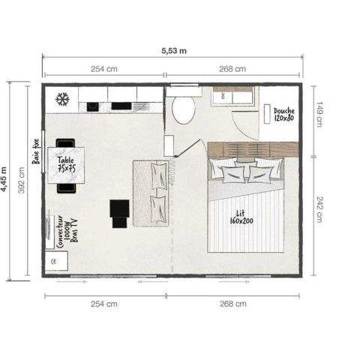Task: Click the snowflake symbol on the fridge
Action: (62, 99)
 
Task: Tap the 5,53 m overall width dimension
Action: (174, 51)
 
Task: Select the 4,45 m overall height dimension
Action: (4, 179)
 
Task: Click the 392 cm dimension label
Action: (22, 180)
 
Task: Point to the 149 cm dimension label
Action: (319, 114)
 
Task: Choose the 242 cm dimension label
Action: (319, 209)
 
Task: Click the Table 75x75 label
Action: (66, 164)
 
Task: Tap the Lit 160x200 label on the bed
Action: (241, 217)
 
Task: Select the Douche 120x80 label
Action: (284, 115)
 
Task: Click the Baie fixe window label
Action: (36, 151)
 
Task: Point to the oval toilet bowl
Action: (183, 110)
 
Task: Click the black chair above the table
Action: (65, 143)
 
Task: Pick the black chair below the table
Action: (66, 188)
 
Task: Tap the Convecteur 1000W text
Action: (63, 232)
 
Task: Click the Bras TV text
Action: (74, 230)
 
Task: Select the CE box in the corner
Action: (56, 261)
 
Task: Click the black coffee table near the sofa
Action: (119, 214)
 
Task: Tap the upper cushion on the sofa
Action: (158, 175)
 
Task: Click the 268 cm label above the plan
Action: (232, 69)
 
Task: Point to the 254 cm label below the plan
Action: (104, 304)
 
